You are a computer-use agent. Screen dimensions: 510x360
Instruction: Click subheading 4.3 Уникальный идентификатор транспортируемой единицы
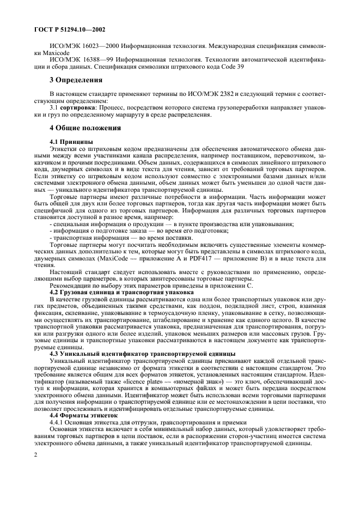tap(142, 353)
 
